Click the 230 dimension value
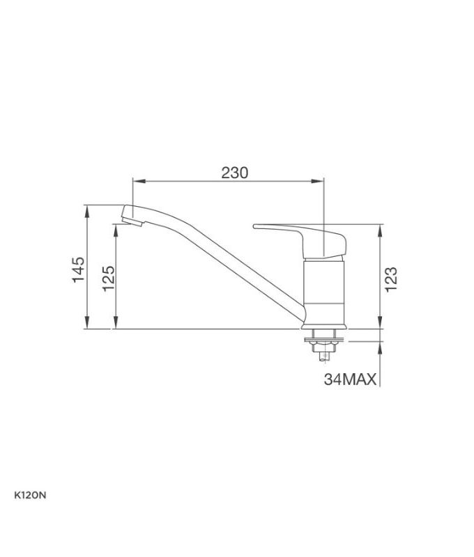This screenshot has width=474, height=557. tap(235, 173)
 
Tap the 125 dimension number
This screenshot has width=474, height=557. tap(108, 278)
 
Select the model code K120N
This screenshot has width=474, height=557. tap(29, 495)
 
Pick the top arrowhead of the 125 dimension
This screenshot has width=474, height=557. tap(116, 228)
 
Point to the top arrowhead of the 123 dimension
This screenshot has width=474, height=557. tap(381, 229)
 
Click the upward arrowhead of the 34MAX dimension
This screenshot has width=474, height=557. tap(381, 346)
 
